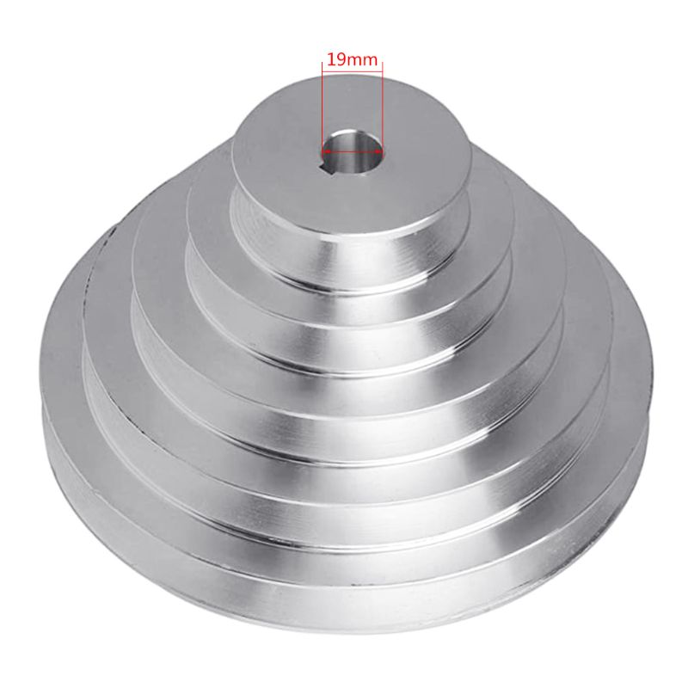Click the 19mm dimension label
352,60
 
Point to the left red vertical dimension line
322,103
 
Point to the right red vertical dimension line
383,103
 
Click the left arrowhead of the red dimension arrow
326,148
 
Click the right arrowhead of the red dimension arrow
379,148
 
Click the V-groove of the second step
344,344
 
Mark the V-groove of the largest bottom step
344,563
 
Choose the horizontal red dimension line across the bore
353,148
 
